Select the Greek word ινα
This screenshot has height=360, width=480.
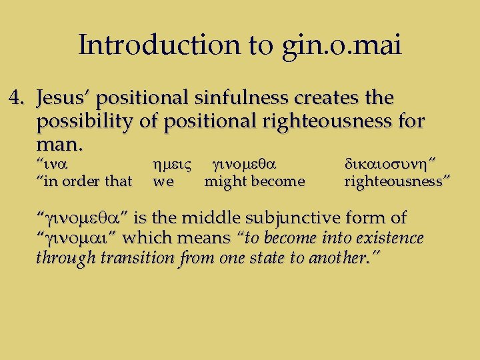tap(56, 162)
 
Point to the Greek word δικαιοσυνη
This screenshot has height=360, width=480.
tap(391, 162)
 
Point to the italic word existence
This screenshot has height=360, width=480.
tap(389, 238)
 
